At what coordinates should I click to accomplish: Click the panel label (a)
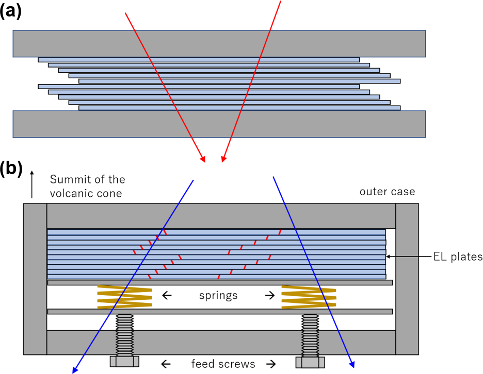click(x=11, y=11)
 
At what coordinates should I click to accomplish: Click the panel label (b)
click(x=11, y=168)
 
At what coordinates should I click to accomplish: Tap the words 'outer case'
click(x=387, y=192)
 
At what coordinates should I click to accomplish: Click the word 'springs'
click(x=218, y=296)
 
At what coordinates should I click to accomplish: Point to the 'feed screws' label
click(x=223, y=364)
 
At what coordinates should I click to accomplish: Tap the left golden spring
click(x=124, y=297)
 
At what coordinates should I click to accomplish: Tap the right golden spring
click(x=308, y=297)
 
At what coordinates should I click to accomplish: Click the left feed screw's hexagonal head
click(x=125, y=361)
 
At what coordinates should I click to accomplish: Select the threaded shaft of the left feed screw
click(x=125, y=334)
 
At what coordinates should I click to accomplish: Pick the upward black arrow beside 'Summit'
click(x=32, y=184)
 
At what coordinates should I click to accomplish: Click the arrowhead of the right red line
click(x=223, y=159)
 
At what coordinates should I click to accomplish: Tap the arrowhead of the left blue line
click(x=75, y=369)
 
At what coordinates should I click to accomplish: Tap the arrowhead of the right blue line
click(x=352, y=365)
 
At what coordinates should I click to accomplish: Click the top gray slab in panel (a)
click(x=219, y=43)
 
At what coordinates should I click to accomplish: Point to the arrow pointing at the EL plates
click(x=408, y=256)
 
